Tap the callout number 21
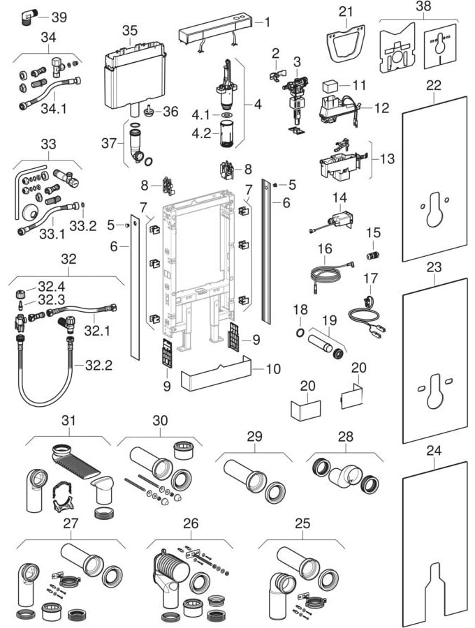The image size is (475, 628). point(347,10)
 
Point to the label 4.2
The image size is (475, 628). point(201,133)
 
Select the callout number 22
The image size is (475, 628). point(434,84)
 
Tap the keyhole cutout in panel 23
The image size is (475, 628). point(434,392)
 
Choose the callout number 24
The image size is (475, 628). point(434,451)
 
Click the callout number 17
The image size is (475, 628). point(370,278)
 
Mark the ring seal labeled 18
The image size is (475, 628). point(299,331)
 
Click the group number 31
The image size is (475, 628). point(67,421)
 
